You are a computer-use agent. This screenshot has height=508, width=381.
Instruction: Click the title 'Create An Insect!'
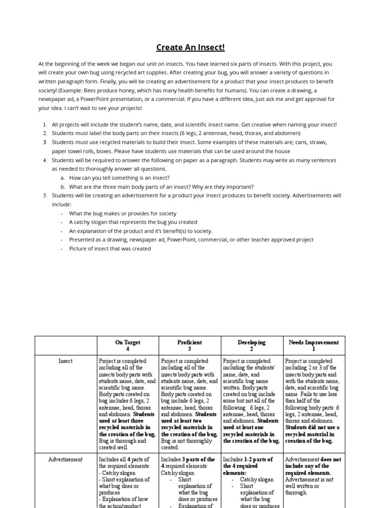pyautogui.click(x=190, y=48)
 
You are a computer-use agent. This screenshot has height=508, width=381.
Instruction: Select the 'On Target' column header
pyautogui.click(x=127, y=342)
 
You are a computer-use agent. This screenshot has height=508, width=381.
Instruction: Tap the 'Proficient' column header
pyautogui.click(x=190, y=342)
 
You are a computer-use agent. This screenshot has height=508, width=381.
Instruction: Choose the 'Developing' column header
pyautogui.click(x=252, y=342)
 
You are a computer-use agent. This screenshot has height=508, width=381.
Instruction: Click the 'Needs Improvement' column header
pyautogui.click(x=314, y=342)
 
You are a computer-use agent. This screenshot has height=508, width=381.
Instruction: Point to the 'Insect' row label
pyautogui.click(x=65, y=361)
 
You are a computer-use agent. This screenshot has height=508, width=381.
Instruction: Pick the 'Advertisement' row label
pyautogui.click(x=65, y=460)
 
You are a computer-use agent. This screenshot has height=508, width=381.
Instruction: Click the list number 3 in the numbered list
pyautogui.click(x=44, y=142)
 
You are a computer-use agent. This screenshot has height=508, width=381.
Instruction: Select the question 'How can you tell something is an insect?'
pyautogui.click(x=119, y=178)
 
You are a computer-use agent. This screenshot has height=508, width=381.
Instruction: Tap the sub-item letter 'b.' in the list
pyautogui.click(x=63, y=187)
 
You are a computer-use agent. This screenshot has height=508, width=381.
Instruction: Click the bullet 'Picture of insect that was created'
pyautogui.click(x=110, y=249)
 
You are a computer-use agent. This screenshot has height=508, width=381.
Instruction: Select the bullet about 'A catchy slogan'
pyautogui.click(x=133, y=222)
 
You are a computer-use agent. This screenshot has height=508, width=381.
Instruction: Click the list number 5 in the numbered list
pyautogui.click(x=44, y=195)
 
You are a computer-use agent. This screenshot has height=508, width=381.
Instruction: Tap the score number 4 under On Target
pyautogui.click(x=127, y=349)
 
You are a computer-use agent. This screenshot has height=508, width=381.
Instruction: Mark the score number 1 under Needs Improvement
pyautogui.click(x=314, y=349)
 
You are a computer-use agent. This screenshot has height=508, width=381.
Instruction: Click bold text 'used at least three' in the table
pyautogui.click(x=123, y=421)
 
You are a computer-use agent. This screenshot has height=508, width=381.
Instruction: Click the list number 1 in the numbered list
pyautogui.click(x=44, y=125)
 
